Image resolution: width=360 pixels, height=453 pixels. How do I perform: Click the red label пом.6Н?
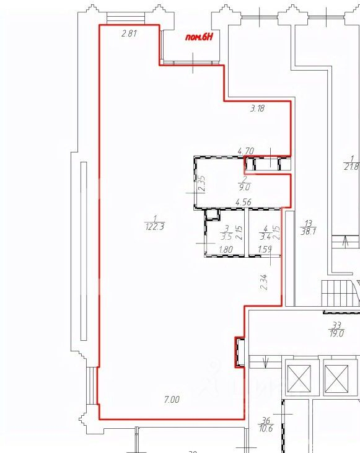click(200, 37)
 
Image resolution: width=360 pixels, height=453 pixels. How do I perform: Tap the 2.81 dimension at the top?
click(129, 34)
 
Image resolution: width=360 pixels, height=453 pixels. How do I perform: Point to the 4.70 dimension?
click(247, 150)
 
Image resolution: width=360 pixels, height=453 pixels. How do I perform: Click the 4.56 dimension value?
click(243, 202)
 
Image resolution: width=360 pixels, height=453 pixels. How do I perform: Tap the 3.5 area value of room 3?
click(227, 236)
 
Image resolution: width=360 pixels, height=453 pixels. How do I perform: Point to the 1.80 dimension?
click(226, 251)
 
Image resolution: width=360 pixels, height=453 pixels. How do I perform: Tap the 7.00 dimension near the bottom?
click(171, 400)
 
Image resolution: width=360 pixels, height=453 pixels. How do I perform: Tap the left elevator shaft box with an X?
click(300, 377)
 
